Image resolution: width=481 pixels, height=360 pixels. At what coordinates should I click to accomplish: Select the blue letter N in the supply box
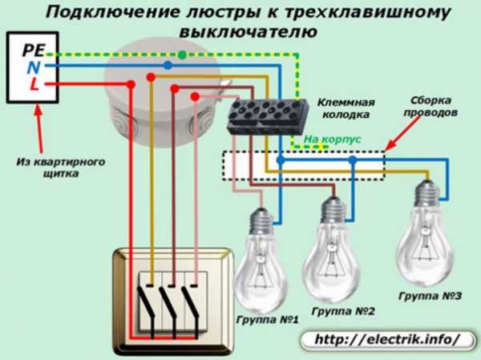pos(32,67)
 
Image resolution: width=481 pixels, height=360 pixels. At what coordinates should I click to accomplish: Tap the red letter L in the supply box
pos(34,83)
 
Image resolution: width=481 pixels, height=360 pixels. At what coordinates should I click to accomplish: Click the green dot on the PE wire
pos(183,55)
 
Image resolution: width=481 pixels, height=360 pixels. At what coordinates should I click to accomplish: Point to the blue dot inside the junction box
pos(167,65)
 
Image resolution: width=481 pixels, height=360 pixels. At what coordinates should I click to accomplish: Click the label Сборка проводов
pos(435,109)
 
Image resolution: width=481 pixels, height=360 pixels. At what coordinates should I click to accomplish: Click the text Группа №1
pos(266,320)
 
